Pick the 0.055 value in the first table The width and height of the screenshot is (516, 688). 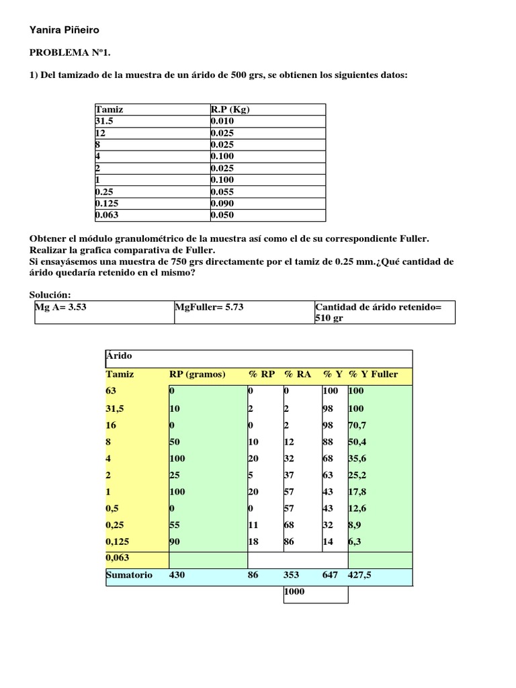pos(222,191)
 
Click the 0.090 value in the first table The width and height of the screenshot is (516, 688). pos(222,203)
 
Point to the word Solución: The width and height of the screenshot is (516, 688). pos(50,295)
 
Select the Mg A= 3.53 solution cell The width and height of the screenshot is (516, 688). pos(60,307)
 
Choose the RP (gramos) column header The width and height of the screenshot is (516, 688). pos(197,374)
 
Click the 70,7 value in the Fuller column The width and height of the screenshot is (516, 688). pos(358,425)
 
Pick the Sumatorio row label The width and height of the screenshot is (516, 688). pos(129,575)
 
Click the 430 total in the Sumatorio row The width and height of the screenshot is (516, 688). pos(177,575)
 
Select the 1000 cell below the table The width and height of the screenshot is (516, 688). pos(295,592)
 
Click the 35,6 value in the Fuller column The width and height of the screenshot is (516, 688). pos(358,459)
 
